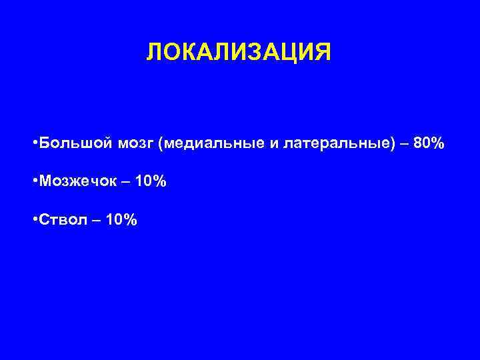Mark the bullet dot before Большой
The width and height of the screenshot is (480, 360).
click(x=34, y=144)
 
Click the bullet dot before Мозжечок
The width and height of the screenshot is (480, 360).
click(x=34, y=181)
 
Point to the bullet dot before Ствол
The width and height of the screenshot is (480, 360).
click(x=34, y=219)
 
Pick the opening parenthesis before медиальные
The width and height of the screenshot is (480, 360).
click(x=161, y=144)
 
